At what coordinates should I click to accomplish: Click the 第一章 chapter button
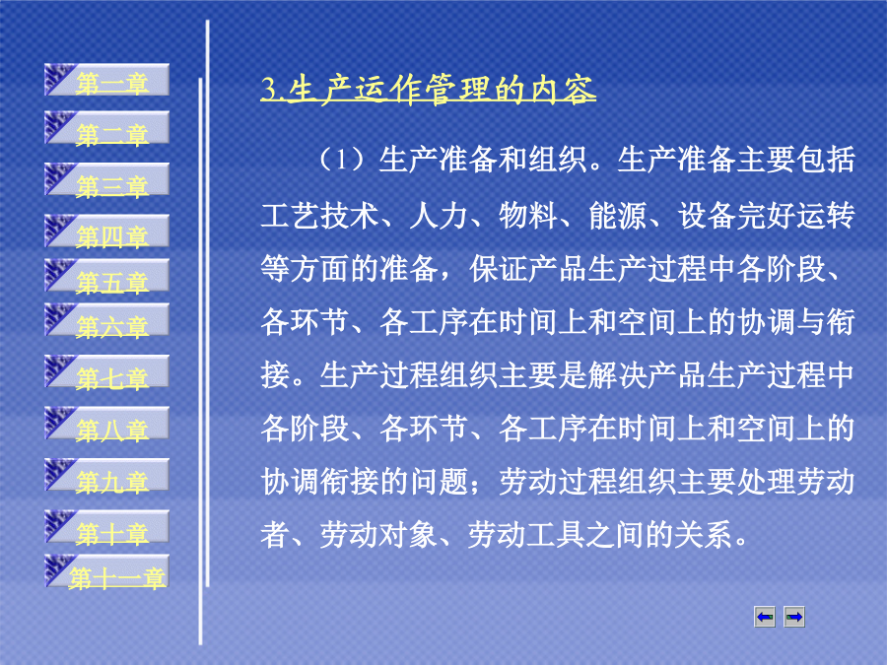[106, 80]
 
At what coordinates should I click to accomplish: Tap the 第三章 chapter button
[106, 179]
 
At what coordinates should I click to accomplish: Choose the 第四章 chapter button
[106, 231]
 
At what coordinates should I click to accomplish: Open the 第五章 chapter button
[106, 276]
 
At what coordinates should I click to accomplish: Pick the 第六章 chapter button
[106, 319]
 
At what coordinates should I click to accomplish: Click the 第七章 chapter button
[106, 371]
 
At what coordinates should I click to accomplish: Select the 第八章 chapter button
[106, 423]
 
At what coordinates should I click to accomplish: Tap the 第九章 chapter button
[106, 475]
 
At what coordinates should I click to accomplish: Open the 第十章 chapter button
[106, 526]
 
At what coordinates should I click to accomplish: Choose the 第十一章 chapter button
[106, 571]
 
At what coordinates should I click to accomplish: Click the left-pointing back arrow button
[765, 617]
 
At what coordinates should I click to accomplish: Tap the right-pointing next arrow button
[794, 617]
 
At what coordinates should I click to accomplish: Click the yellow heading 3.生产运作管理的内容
[429, 90]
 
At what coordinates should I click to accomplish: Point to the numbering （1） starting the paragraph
[342, 160]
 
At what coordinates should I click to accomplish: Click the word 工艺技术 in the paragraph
[319, 216]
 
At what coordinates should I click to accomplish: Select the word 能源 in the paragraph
[618, 216]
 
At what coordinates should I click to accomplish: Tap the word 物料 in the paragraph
[528, 216]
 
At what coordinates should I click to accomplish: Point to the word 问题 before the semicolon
[439, 482]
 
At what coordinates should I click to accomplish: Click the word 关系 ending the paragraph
[705, 535]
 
